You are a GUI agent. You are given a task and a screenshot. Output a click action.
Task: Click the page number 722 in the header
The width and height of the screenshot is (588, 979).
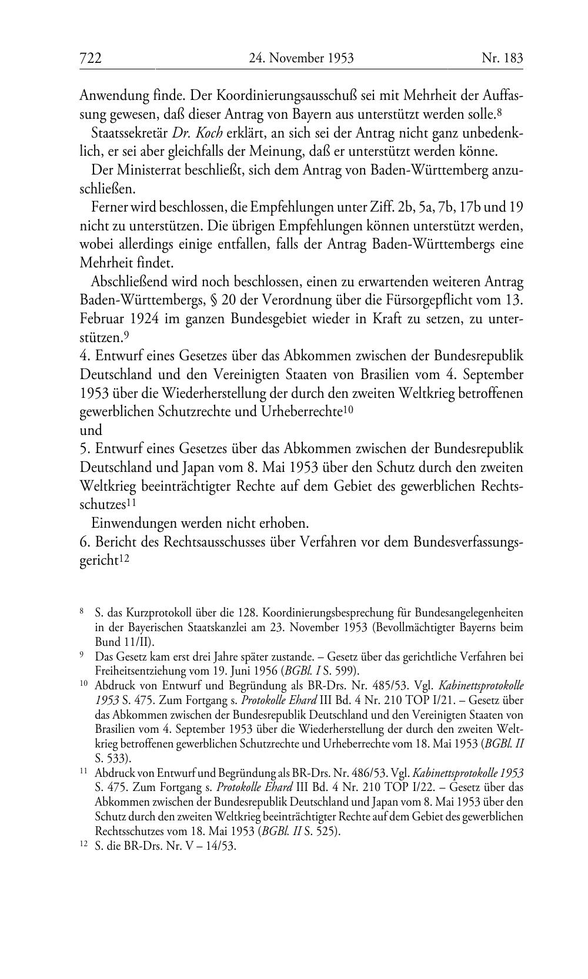(x=91, y=58)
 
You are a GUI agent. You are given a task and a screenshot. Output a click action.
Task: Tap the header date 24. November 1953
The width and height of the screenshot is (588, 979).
(x=301, y=58)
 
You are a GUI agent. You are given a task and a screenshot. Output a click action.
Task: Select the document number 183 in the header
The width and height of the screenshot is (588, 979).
(x=511, y=58)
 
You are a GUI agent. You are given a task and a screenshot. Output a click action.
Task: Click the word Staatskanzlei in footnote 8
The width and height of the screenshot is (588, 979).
(x=206, y=627)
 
